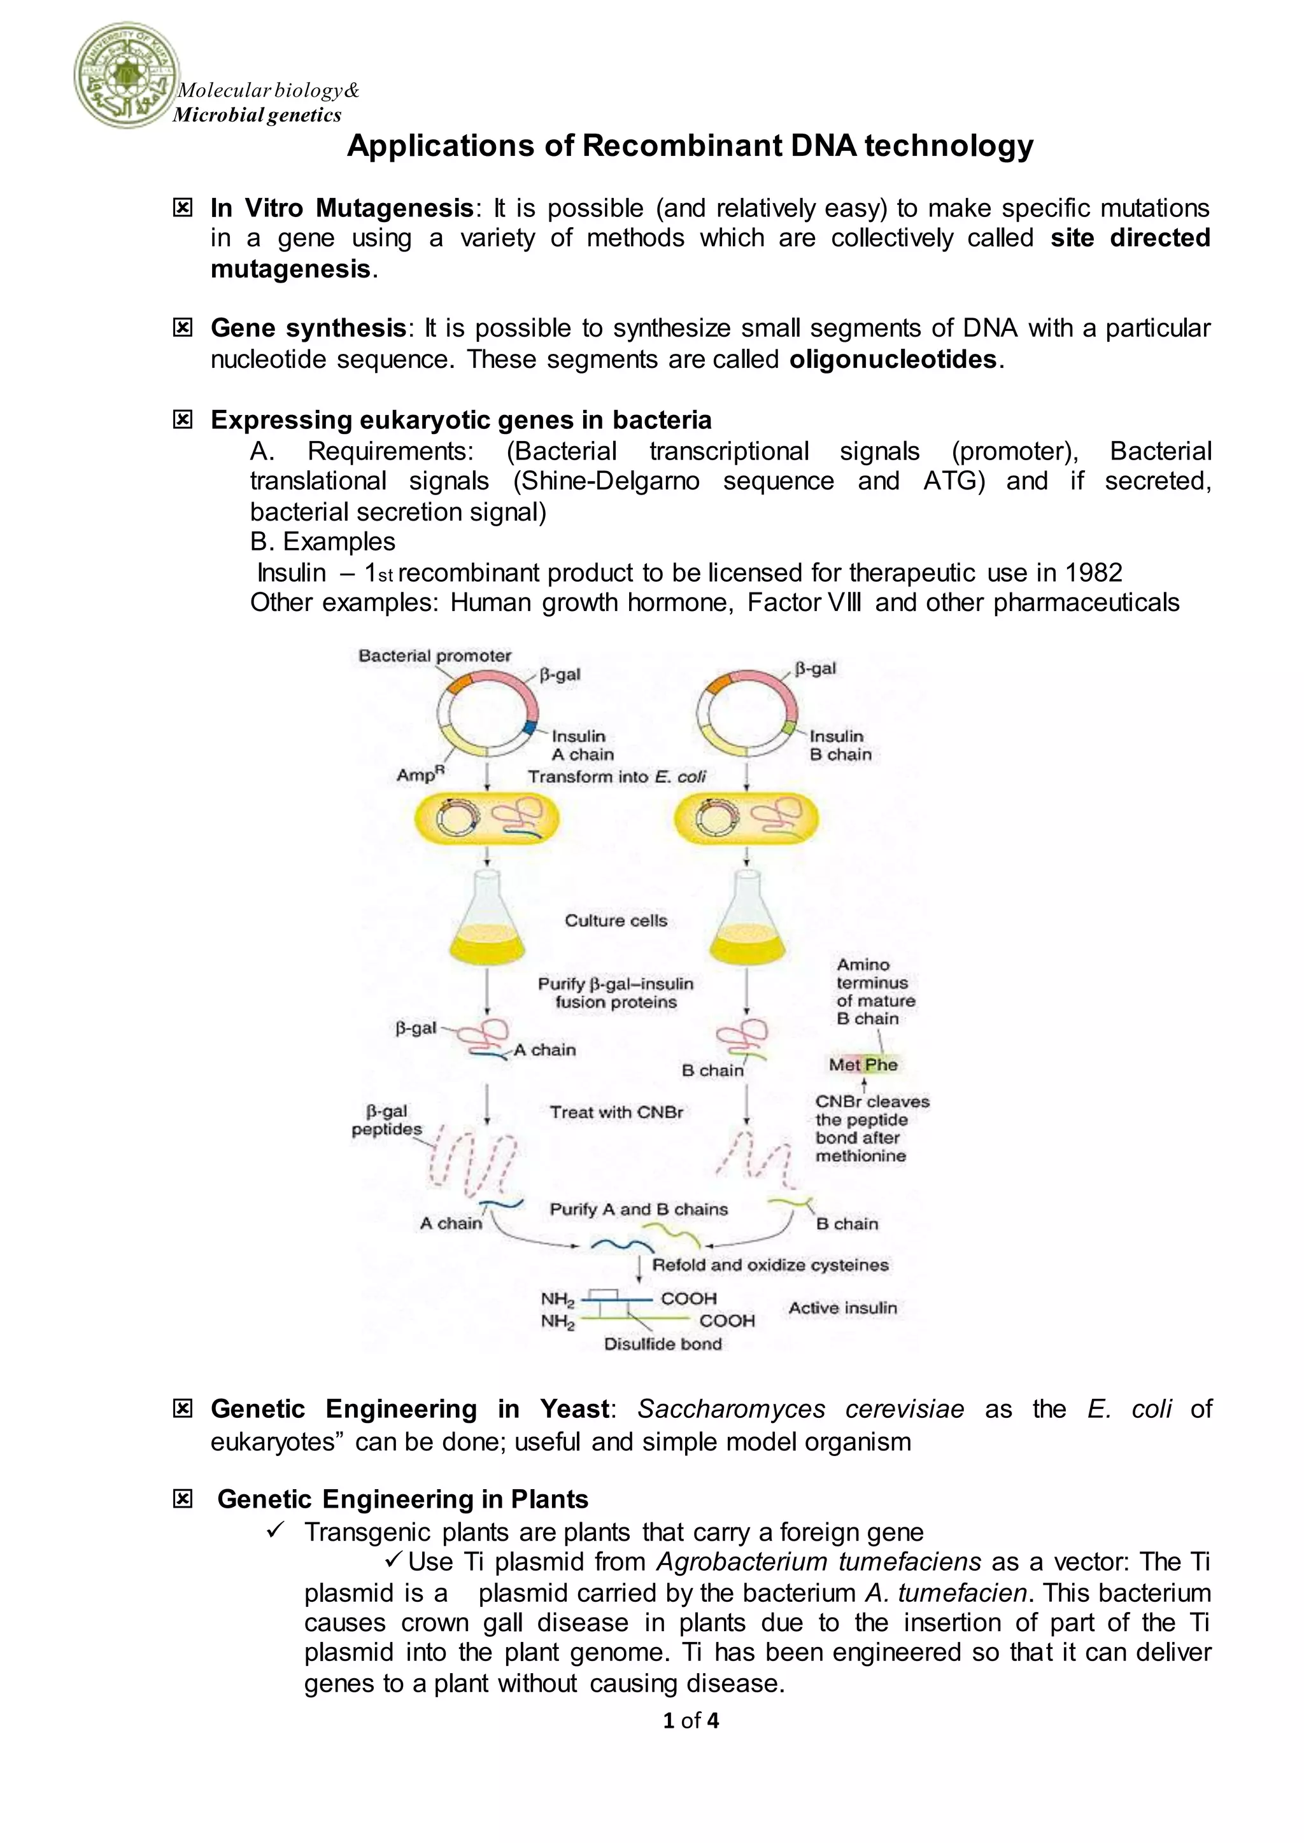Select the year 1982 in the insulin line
1094,572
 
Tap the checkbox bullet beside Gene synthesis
183,328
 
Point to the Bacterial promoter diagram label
434,656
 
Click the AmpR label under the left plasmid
420,774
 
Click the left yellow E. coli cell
486,820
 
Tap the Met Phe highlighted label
863,1065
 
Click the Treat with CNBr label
616,1112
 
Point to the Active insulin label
842,1308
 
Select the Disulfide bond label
662,1343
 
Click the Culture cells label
616,921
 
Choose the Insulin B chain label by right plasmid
840,745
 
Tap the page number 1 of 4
691,1720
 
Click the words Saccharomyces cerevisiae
800,1409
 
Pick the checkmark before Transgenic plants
274,1531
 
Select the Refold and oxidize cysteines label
770,1265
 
